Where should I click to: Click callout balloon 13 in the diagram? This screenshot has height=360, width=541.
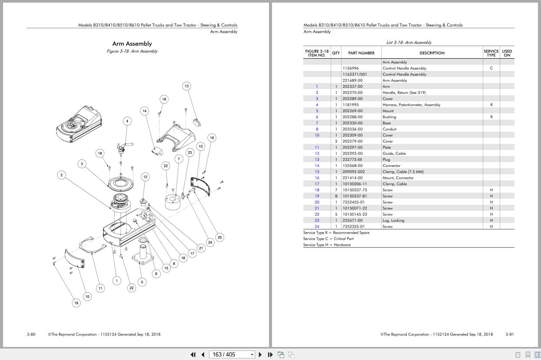[186, 86]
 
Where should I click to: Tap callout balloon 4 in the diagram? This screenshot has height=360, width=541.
[127, 121]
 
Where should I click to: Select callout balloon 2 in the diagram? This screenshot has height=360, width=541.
[62, 175]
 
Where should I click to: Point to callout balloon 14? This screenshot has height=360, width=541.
[145, 111]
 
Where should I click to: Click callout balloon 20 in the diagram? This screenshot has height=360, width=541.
[219, 237]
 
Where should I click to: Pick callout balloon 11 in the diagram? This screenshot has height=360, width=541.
[100, 288]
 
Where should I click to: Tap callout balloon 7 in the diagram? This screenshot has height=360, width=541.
[179, 159]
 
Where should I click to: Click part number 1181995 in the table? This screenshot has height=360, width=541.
[351, 105]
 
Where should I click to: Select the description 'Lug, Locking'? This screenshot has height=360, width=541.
[393, 220]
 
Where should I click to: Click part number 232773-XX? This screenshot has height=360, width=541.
[352, 160]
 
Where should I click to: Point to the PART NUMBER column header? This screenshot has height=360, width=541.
[361, 53]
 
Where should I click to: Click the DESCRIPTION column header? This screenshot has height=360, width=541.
[432, 53]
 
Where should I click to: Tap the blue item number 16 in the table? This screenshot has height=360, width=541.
[317, 178]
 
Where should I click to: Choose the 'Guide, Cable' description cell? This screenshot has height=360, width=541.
[394, 153]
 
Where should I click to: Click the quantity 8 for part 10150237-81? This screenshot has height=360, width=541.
[336, 196]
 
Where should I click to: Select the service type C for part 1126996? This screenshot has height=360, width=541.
[491, 68]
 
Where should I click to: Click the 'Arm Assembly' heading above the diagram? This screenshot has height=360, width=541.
[132, 43]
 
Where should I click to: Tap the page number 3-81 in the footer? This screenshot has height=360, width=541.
[510, 334]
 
